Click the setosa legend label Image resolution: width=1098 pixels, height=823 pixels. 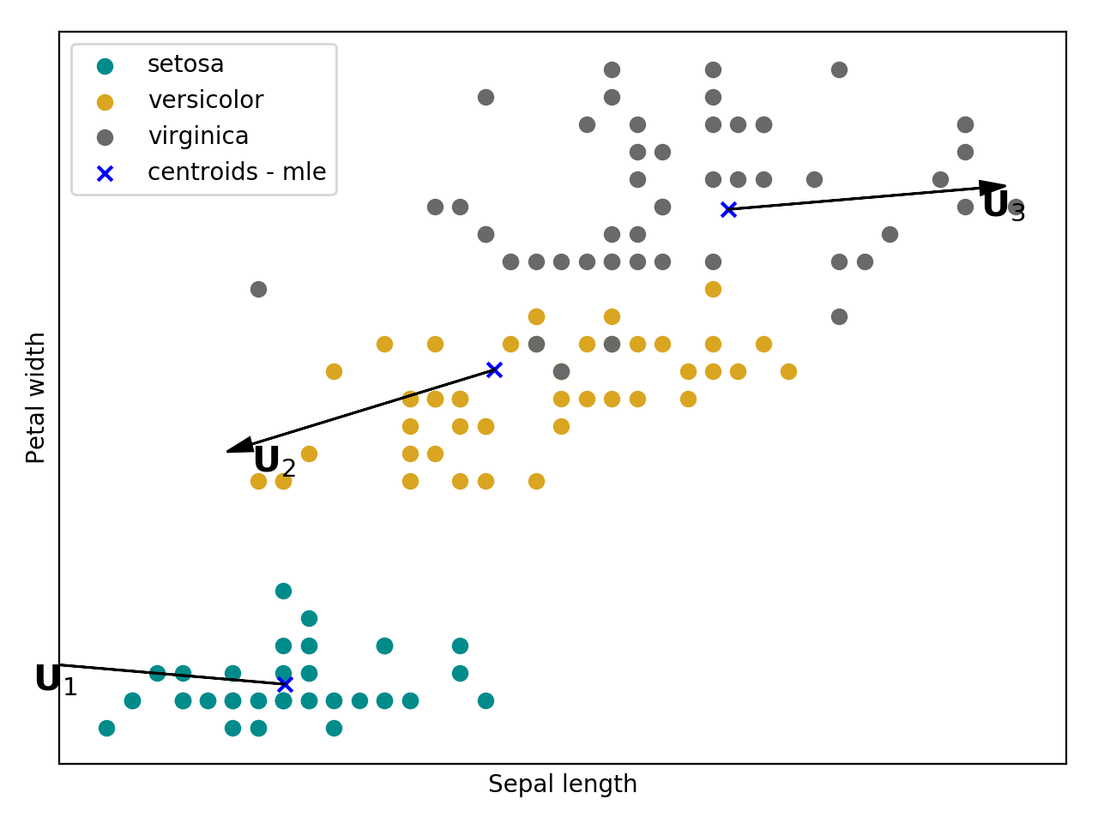pyautogui.click(x=185, y=64)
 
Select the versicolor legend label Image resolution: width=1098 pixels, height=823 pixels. pyautogui.click(x=205, y=100)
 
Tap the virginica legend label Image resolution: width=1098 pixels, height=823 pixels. pyautogui.click(x=198, y=136)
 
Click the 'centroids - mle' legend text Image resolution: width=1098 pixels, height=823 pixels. pyautogui.click(x=237, y=172)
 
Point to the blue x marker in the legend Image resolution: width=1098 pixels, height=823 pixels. pyautogui.click(x=105, y=174)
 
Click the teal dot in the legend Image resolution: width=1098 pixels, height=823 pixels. pyautogui.click(x=105, y=66)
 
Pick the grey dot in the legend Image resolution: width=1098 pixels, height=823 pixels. pyautogui.click(x=105, y=138)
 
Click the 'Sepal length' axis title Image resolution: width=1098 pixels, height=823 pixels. pyautogui.click(x=562, y=784)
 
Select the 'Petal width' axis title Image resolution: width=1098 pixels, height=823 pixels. pyautogui.click(x=36, y=398)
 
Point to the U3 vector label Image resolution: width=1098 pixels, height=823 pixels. pyautogui.click(x=1003, y=207)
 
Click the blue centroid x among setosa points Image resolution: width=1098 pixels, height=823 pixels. pyautogui.click(x=285, y=684)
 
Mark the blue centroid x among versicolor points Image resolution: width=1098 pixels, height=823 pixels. pyautogui.click(x=494, y=369)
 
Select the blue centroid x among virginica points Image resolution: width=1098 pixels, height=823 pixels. pyautogui.click(x=728, y=209)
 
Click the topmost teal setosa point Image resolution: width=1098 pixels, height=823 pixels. pyautogui.click(x=283, y=591)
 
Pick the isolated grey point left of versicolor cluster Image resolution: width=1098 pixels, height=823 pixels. pyautogui.click(x=258, y=289)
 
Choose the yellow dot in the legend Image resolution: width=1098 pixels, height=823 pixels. pyautogui.click(x=105, y=102)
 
